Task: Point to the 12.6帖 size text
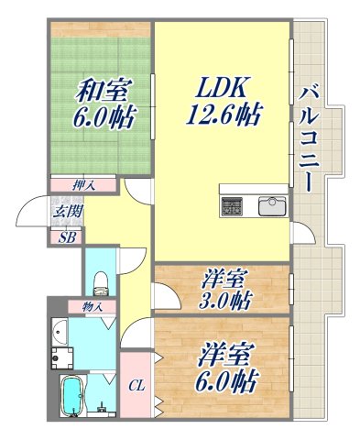[x=224, y=116]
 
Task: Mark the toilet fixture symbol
[x=101, y=275]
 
